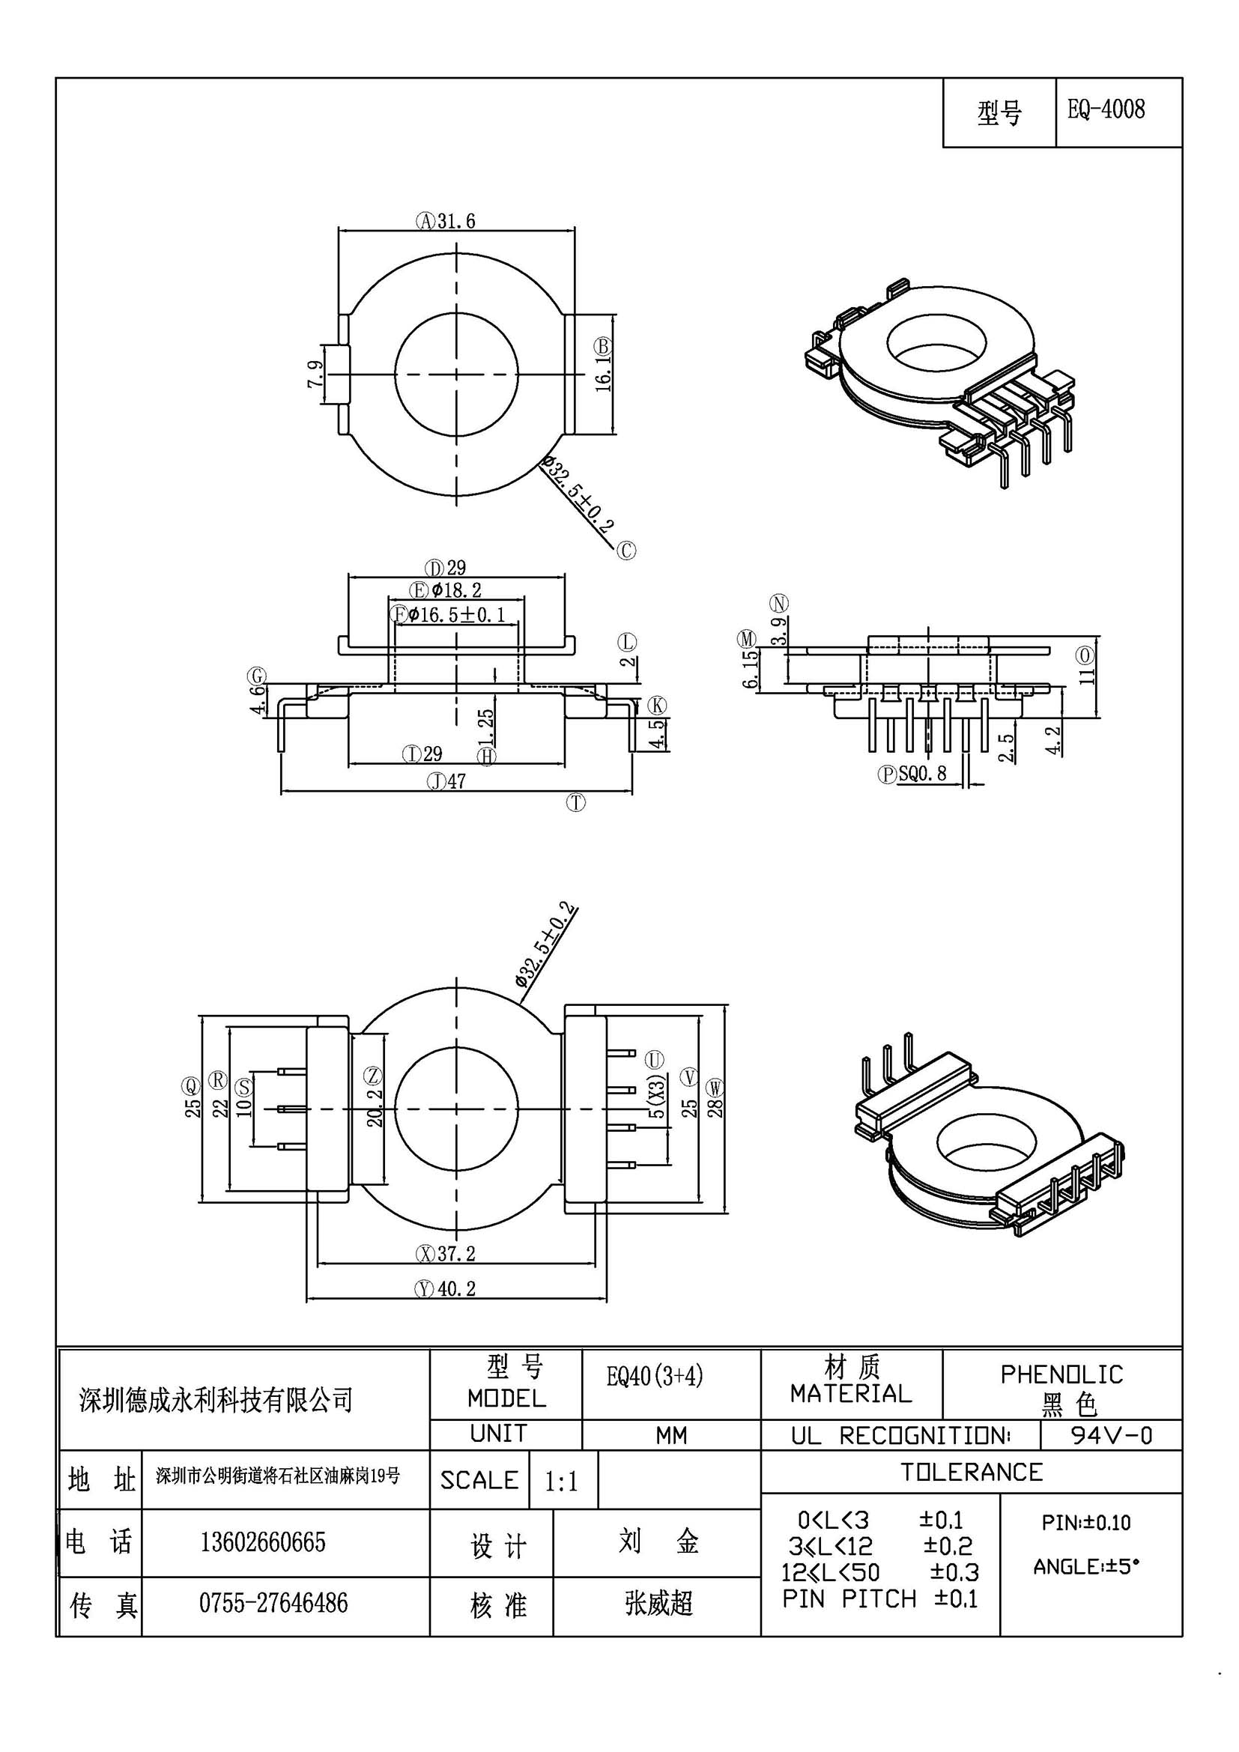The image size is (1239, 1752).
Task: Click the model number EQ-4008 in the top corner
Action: coord(1106,110)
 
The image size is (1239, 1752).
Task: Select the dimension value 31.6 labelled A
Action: coord(456,221)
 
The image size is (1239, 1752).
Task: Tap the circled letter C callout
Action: coord(626,551)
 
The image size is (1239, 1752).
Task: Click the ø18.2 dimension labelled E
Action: coord(456,589)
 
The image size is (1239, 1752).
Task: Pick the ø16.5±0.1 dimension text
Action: coord(456,614)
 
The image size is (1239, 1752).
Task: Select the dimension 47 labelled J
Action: coord(456,781)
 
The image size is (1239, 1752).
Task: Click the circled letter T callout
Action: coord(576,802)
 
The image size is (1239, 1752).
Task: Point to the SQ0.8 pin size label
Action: coord(922,774)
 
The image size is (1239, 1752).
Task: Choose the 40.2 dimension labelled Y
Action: coord(456,1289)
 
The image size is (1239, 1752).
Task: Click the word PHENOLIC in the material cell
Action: coord(1062,1374)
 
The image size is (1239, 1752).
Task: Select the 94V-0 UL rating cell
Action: coord(1112,1435)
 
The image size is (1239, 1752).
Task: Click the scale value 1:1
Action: coord(561,1482)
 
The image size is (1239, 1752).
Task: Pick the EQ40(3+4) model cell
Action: coord(655,1376)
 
